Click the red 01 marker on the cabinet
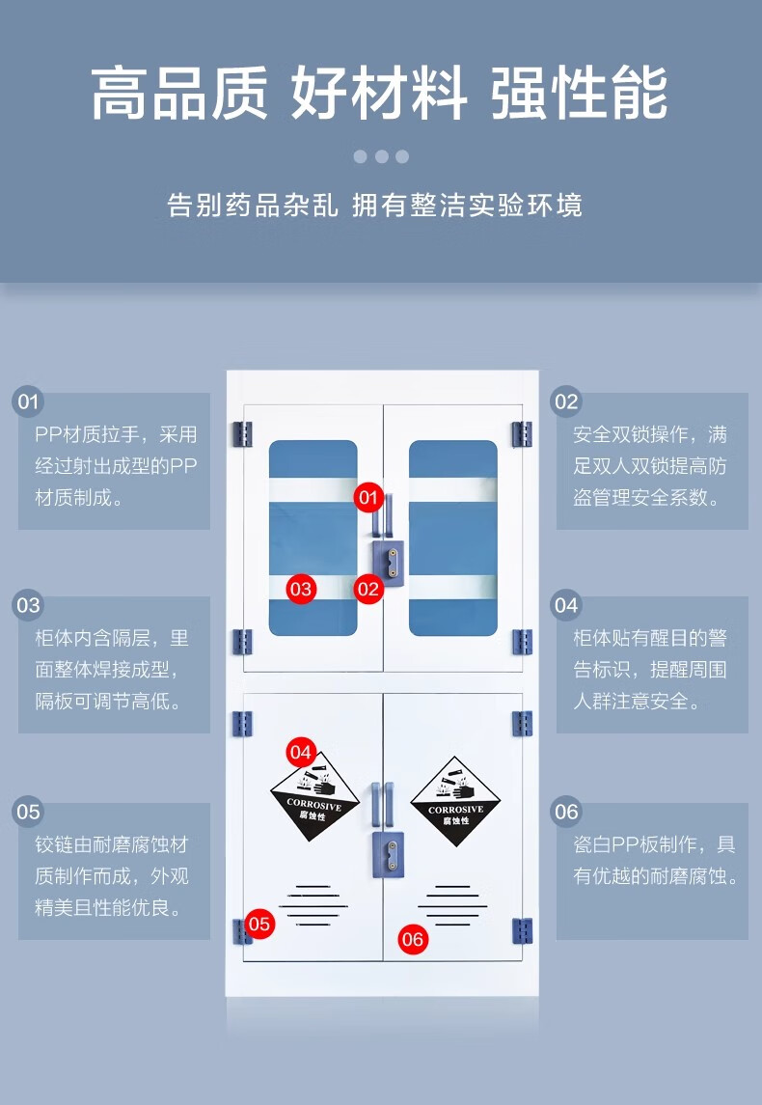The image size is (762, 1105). pyautogui.click(x=367, y=498)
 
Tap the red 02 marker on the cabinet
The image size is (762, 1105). pyautogui.click(x=367, y=588)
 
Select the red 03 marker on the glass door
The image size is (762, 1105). pyautogui.click(x=301, y=588)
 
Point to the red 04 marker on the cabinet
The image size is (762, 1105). pyautogui.click(x=301, y=751)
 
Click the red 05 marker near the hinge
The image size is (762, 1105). pyautogui.click(x=259, y=924)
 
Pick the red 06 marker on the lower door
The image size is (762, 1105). pyautogui.click(x=413, y=938)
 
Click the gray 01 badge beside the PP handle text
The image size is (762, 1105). pyautogui.click(x=28, y=401)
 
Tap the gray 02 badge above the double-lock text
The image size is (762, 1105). pyautogui.click(x=566, y=401)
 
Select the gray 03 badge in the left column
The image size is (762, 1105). pyautogui.click(x=28, y=605)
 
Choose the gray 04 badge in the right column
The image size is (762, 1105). pyautogui.click(x=566, y=605)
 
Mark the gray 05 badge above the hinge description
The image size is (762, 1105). pyautogui.click(x=28, y=812)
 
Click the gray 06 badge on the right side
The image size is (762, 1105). pyautogui.click(x=566, y=812)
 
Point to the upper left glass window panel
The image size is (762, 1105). pyautogui.click(x=313, y=539)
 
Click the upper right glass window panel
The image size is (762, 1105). pyautogui.click(x=453, y=539)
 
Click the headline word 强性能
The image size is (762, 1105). pyautogui.click(x=579, y=95)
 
